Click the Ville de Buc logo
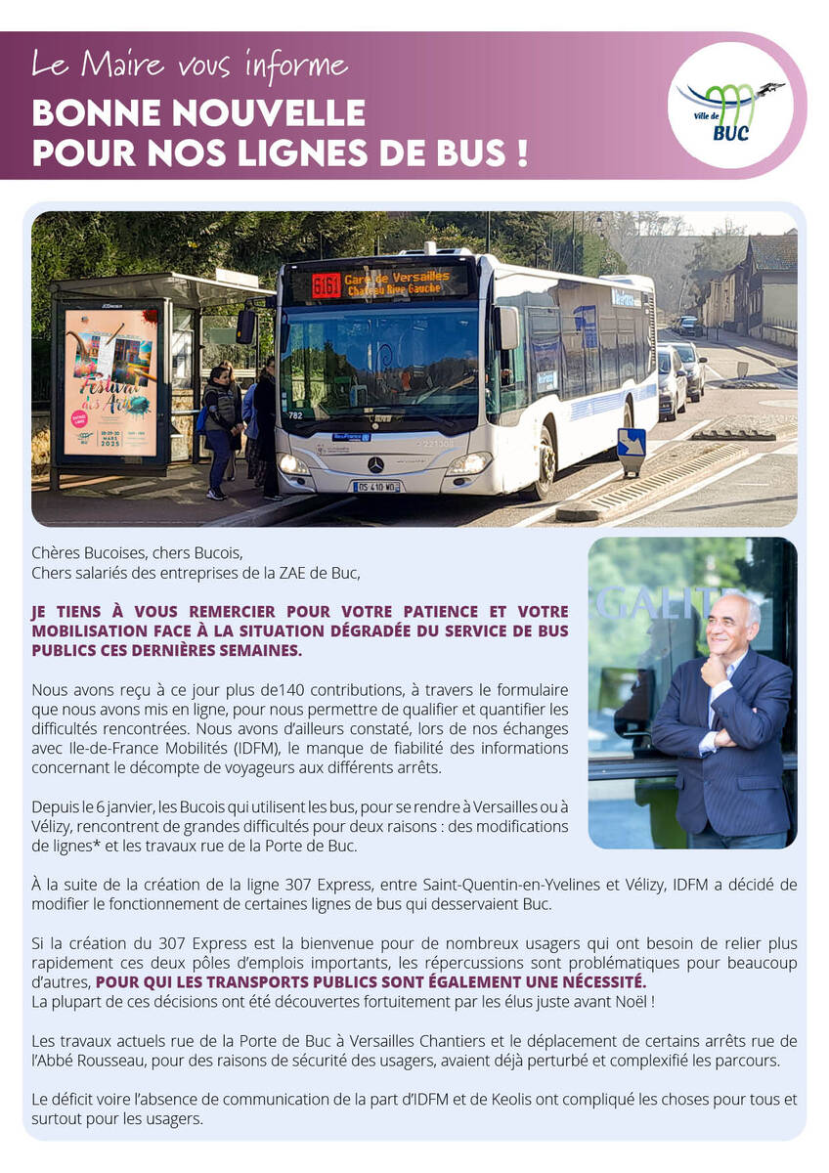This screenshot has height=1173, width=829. click(733, 106)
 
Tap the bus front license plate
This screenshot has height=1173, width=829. click(376, 486)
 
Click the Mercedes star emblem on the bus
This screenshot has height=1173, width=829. click(376, 463)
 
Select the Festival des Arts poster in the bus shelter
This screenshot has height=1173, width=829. click(110, 382)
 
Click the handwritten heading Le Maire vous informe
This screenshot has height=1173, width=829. click(190, 65)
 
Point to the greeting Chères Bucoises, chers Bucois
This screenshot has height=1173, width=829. click(137, 552)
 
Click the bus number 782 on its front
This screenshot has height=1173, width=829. click(294, 414)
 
